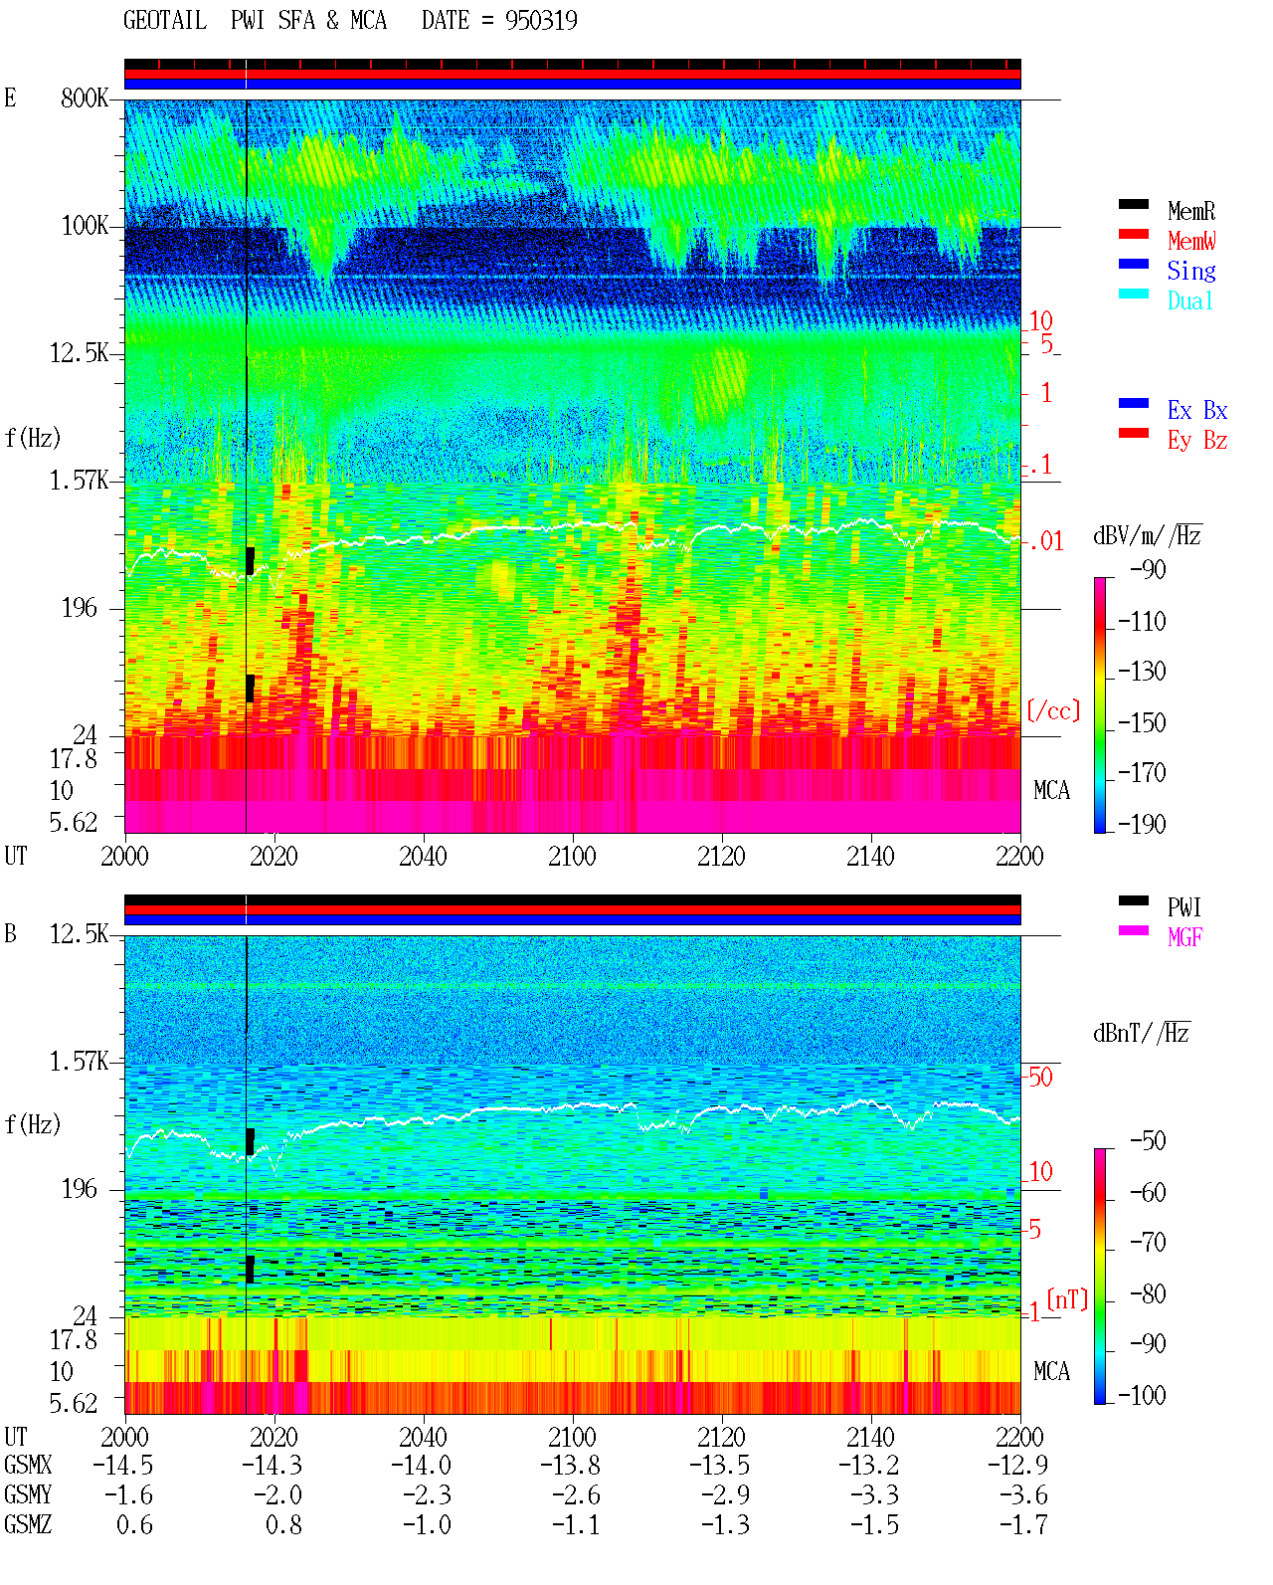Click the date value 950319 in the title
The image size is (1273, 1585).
tap(541, 21)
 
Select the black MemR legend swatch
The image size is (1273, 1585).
tap(1133, 204)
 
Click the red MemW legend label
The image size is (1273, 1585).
tap(1191, 241)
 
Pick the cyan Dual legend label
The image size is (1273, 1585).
tap(1189, 300)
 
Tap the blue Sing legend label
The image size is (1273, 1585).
tap(1191, 271)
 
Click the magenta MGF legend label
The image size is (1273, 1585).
tap(1184, 937)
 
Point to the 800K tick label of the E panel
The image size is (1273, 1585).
tap(84, 98)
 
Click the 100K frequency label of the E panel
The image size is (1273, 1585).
tap(85, 226)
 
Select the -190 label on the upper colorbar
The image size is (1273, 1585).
tap(1141, 824)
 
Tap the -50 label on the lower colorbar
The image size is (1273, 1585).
tap(1147, 1141)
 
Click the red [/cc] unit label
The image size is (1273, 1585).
tap(1053, 710)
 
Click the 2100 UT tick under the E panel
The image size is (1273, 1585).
tap(572, 856)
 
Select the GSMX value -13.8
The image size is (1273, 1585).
tap(570, 1465)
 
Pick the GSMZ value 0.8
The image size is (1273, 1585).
tap(283, 1524)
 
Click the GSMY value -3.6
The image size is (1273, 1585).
tap(1022, 1495)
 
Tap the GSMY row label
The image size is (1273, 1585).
tap(28, 1495)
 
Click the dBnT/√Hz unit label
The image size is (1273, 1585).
tap(1142, 1033)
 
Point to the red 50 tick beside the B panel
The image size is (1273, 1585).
tap(1040, 1077)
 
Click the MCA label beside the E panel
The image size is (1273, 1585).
tap(1051, 790)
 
